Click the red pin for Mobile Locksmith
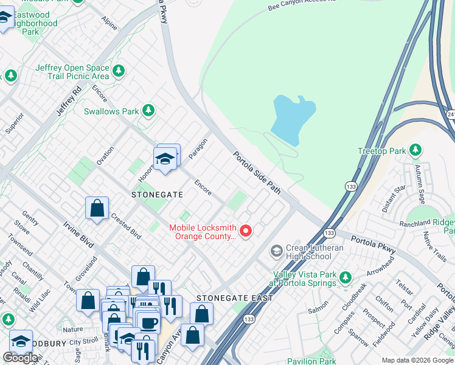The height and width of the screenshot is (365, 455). [246, 231]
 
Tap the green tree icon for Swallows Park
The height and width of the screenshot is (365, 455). [148, 111]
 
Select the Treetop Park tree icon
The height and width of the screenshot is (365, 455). [415, 150]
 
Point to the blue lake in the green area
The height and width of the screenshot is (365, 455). [293, 119]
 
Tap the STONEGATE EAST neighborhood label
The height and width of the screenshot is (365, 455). [234, 298]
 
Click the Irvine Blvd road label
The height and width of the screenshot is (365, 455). [78, 234]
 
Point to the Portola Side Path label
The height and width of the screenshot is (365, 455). [257, 173]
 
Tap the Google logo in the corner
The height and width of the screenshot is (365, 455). [20, 358]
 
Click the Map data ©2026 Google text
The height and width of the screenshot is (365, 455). [417, 360]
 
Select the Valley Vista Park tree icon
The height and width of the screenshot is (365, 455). [346, 278]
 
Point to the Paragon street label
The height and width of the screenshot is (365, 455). [198, 149]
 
